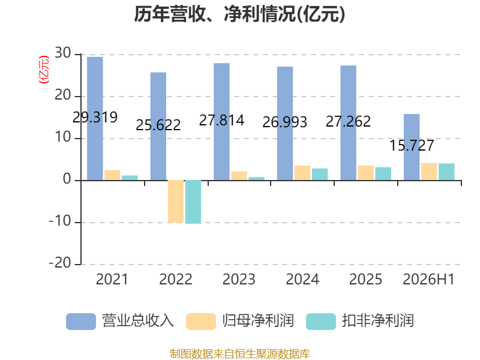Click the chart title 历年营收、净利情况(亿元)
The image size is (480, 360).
click(239, 14)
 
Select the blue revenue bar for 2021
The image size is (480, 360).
click(95, 118)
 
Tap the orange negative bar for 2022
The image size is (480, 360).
click(176, 202)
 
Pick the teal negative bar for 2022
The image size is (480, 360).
click(193, 202)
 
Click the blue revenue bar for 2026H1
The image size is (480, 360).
click(412, 147)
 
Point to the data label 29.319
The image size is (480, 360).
click(95, 117)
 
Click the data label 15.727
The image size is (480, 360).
click(412, 145)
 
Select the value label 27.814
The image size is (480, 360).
click(221, 121)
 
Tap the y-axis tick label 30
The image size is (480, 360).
click(63, 53)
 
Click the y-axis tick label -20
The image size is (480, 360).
click(60, 263)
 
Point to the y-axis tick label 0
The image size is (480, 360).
click(67, 179)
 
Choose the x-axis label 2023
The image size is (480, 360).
click(239, 279)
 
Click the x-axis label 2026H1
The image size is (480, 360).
click(428, 279)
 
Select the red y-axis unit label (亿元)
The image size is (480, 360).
click(44, 70)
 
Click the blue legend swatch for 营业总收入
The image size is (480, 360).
click(81, 322)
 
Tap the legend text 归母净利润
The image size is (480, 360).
click(258, 321)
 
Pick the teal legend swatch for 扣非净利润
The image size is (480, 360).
click(321, 322)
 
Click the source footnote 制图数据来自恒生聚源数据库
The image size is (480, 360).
click(240, 354)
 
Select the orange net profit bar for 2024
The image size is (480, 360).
click(302, 173)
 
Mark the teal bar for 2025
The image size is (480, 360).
click(383, 174)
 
